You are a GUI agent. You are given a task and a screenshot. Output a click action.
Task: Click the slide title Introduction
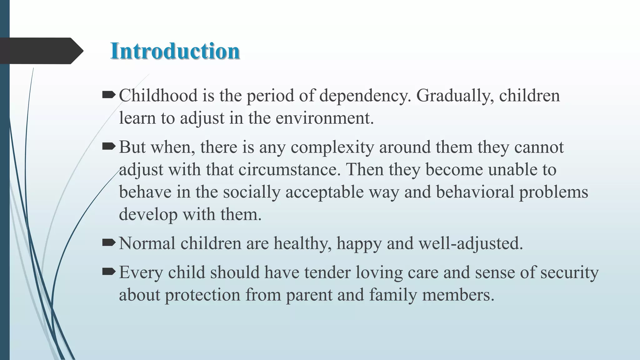coord(175,51)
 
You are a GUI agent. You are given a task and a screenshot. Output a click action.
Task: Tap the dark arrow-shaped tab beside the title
coord(41,51)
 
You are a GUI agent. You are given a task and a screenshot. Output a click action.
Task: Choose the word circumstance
coord(289,170)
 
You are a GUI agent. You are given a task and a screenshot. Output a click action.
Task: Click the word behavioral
coord(475,192)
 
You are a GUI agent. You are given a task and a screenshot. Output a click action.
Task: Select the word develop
coord(148,215)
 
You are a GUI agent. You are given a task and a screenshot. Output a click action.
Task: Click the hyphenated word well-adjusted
coord(470,243)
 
